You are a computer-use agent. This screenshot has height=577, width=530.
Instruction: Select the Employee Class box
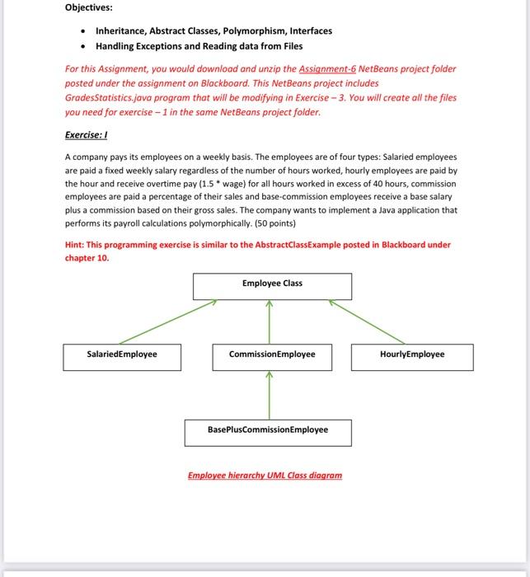click(272, 284)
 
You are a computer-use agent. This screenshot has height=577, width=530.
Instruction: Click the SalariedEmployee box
click(122, 355)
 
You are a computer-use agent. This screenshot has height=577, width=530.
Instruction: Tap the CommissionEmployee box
click(272, 355)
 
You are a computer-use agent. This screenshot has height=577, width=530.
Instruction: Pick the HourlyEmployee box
click(412, 355)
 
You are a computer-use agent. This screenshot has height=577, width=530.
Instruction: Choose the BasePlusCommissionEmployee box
click(268, 430)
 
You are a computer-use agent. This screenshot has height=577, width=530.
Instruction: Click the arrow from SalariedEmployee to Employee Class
click(165, 322)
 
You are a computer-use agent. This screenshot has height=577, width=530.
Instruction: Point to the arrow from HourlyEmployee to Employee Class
click(367, 321)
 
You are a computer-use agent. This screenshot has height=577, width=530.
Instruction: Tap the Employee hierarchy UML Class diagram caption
click(265, 476)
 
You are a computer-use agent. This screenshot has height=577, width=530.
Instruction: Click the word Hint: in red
click(77, 245)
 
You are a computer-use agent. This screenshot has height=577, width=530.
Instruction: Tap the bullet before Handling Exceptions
click(82, 45)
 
